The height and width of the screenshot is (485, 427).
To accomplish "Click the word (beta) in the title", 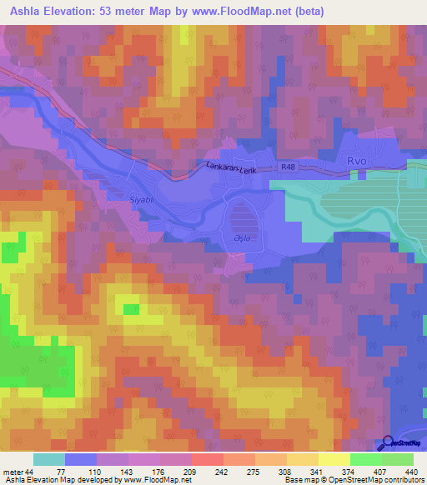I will (308, 12).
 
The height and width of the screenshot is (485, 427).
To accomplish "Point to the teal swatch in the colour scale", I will (48, 459).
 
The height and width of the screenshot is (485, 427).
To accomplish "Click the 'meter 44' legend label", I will (18, 472).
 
